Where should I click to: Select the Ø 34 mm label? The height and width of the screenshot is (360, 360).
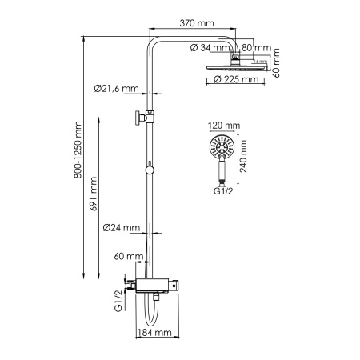(210, 46)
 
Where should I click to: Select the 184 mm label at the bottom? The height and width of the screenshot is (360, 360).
(157, 333)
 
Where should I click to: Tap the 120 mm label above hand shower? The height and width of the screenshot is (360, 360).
(224, 126)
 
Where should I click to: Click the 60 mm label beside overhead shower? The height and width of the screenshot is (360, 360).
(276, 59)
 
